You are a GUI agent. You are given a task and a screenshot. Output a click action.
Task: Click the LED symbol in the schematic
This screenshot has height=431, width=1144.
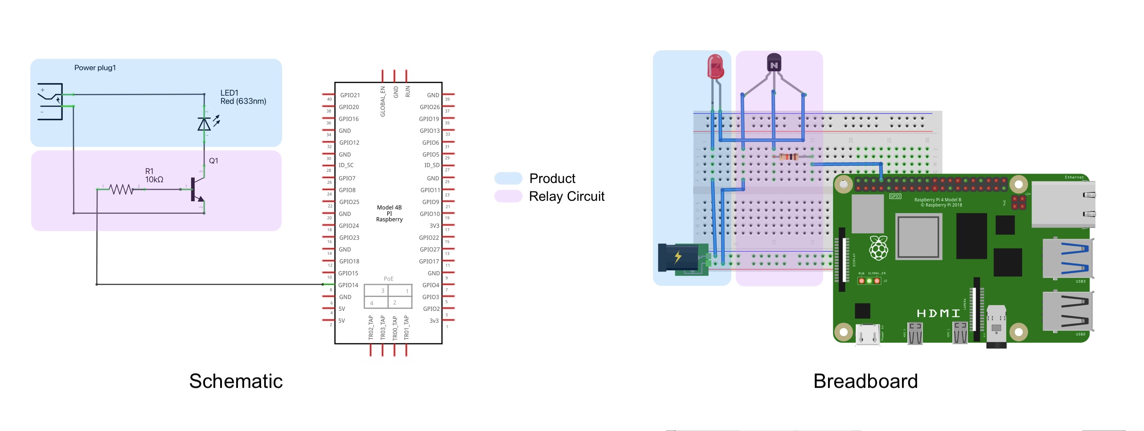[x=204, y=124]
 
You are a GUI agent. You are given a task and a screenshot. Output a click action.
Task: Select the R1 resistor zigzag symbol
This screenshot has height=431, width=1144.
[x=121, y=190]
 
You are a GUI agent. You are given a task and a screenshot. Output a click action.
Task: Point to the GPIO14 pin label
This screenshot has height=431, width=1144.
[x=348, y=285]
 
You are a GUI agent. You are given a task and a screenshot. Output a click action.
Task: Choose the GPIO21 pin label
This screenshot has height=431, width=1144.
[x=350, y=95]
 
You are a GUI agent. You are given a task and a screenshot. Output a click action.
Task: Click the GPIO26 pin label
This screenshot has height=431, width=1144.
[x=430, y=107]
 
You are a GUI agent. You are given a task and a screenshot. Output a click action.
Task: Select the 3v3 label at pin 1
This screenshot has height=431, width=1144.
[x=434, y=321]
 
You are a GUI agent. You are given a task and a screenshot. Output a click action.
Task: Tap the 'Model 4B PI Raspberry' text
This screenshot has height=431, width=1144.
[x=389, y=213]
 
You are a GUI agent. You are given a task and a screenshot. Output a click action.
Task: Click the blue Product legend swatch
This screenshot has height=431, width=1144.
[x=508, y=179]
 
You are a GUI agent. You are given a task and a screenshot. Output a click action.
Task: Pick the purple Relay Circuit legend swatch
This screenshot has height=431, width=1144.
[x=508, y=196]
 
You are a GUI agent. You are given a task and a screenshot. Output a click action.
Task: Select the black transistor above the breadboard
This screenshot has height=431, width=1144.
[x=774, y=63]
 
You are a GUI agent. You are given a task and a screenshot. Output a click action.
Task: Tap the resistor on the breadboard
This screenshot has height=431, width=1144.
[x=789, y=157]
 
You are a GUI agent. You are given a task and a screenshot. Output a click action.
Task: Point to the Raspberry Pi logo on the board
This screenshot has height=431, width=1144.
[x=878, y=248]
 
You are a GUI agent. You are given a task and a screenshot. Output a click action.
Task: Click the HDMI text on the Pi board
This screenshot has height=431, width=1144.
[x=938, y=313]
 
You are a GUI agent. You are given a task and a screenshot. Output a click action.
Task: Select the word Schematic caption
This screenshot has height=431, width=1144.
[x=236, y=381]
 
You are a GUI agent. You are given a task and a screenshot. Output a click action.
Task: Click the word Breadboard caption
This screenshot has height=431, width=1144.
[x=865, y=381]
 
